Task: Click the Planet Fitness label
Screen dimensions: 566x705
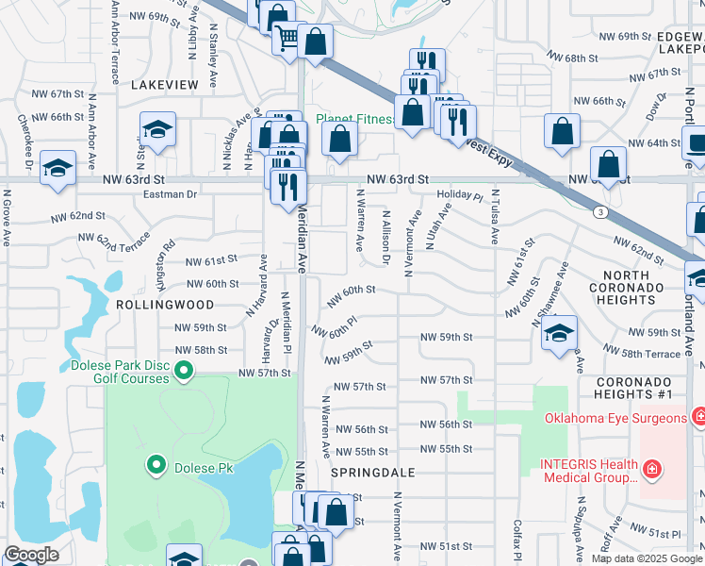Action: [x=352, y=119]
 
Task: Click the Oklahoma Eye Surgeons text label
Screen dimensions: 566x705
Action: [x=615, y=418]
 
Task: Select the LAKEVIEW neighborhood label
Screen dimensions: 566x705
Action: [x=165, y=85]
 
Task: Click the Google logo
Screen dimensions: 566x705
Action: [x=31, y=555]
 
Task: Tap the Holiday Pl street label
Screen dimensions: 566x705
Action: [x=459, y=197]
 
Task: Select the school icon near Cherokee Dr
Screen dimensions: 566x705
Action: [x=58, y=169]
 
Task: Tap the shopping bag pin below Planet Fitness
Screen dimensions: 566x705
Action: [x=340, y=139]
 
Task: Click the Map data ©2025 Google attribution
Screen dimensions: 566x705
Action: [x=647, y=558]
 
